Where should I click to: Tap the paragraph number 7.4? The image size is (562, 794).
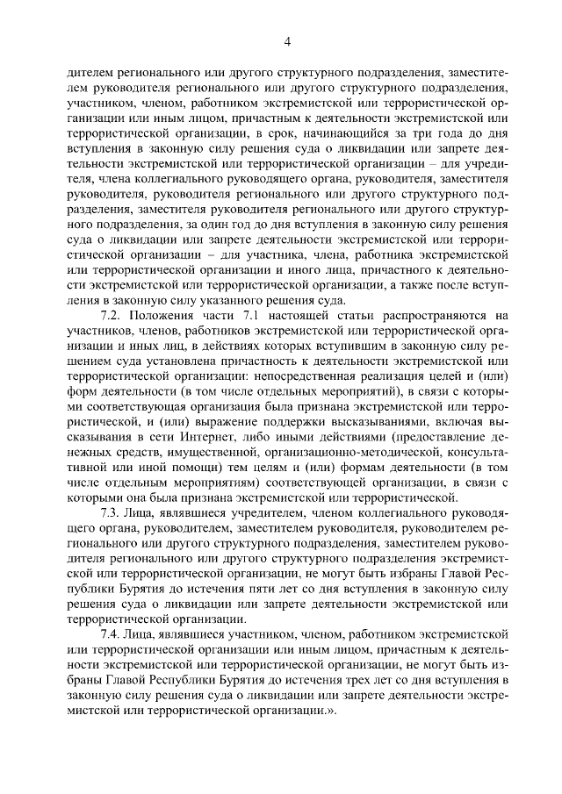point(112,633)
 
